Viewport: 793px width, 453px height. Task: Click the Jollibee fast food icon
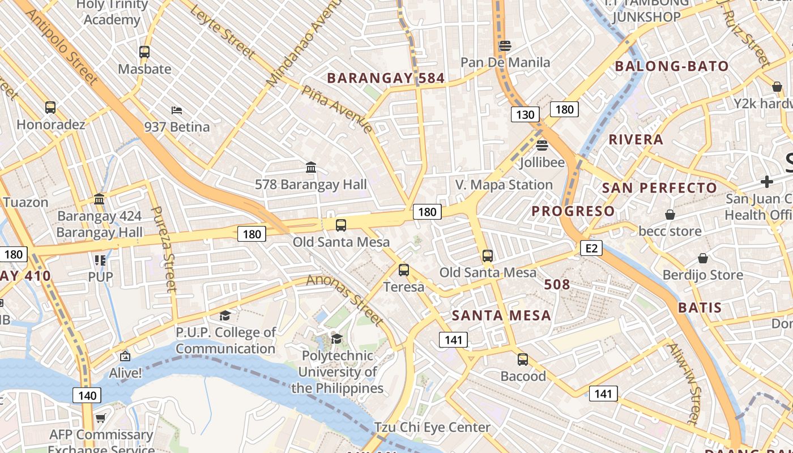coord(542,145)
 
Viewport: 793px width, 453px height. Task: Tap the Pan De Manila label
coord(505,62)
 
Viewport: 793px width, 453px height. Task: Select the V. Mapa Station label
coord(504,185)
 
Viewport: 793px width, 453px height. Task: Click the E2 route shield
coord(591,248)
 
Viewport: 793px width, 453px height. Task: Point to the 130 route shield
coord(525,115)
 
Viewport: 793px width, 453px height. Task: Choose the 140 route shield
coord(87,395)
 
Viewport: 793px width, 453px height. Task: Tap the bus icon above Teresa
coord(403,270)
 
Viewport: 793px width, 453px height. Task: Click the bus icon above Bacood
coord(522,359)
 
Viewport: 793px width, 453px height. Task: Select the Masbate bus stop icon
coord(144,52)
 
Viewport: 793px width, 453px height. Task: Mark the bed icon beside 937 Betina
coord(177,110)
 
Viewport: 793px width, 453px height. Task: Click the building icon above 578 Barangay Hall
coord(311,168)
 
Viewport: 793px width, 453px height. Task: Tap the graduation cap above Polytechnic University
coord(337,339)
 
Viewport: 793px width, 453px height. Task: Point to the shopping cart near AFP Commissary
coord(100,418)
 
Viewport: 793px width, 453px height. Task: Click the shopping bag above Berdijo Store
coord(702,258)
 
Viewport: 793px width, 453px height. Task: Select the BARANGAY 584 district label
coord(386,78)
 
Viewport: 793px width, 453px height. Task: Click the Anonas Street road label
coord(346,300)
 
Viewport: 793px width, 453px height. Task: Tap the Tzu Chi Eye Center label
coord(432,427)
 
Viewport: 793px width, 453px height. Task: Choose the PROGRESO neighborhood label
coord(573,211)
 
